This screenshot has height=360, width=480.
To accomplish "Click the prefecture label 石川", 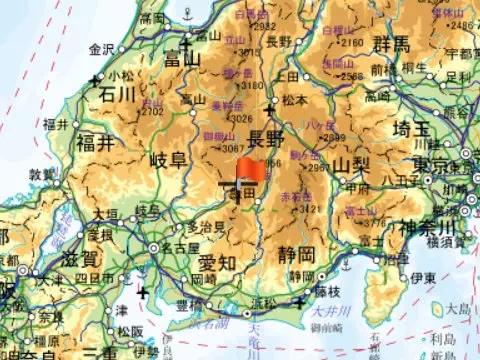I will pyautogui.click(x=117, y=94).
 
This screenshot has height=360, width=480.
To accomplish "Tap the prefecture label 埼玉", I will pyautogui.click(x=417, y=129).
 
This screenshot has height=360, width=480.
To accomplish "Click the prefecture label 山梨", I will pyautogui.click(x=352, y=164).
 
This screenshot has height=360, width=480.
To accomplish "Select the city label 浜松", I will pyautogui.click(x=265, y=300).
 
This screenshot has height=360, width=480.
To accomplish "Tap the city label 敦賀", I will pyautogui.click(x=43, y=173).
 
